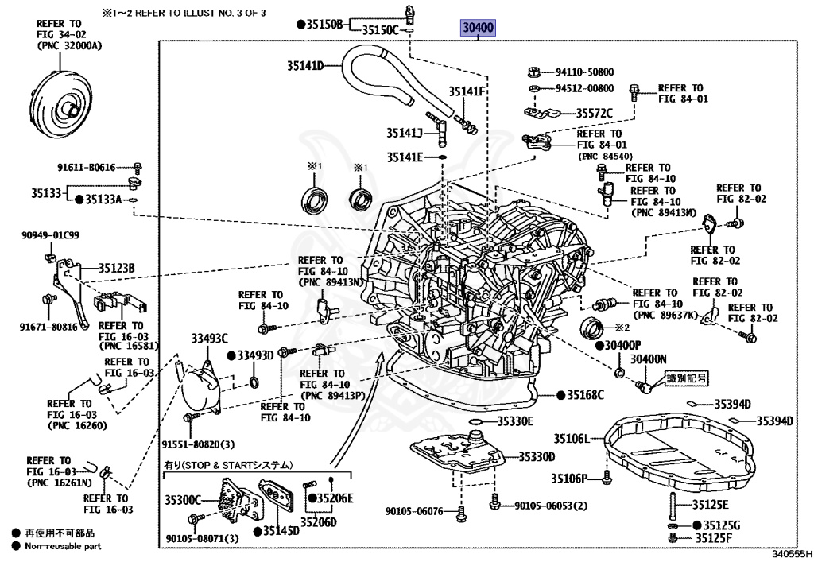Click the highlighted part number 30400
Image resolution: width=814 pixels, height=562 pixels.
click(x=478, y=27)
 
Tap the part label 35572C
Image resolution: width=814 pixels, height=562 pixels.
click(x=594, y=113)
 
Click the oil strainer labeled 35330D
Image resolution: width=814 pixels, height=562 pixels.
click(x=457, y=451)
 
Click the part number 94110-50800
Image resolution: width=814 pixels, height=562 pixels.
click(x=584, y=72)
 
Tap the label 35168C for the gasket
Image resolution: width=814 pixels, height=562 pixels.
click(x=585, y=395)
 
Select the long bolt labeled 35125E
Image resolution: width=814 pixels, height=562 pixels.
click(x=673, y=505)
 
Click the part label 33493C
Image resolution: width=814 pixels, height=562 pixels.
click(x=209, y=339)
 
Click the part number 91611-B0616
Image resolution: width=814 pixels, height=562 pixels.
click(x=86, y=168)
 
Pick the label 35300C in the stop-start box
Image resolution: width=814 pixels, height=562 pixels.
click(x=183, y=500)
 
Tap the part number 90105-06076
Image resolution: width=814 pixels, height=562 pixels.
click(x=414, y=511)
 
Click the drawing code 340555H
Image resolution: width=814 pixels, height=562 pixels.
click(x=791, y=554)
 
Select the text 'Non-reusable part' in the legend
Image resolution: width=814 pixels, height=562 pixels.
click(x=63, y=546)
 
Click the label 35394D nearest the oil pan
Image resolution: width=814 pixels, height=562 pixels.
click(x=732, y=405)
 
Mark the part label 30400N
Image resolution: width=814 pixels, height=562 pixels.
click(x=649, y=359)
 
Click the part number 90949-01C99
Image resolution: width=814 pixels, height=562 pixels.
click(x=50, y=235)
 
